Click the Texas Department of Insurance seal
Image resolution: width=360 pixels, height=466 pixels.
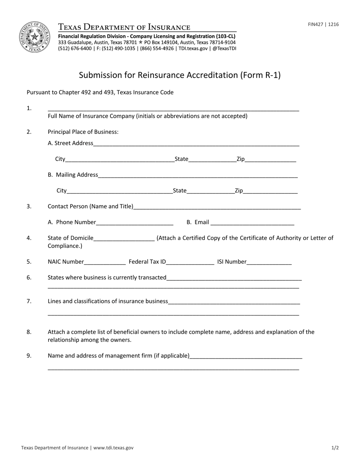click(34, 37)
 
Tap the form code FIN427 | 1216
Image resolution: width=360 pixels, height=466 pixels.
click(323, 25)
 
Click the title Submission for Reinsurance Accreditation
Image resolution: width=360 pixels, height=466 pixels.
click(180, 75)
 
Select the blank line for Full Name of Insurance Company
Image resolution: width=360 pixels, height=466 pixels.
click(174, 109)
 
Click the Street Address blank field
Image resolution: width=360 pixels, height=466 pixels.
click(196, 144)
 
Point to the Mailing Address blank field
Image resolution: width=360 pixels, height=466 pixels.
click(198, 176)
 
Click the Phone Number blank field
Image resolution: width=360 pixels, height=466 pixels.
click(135, 223)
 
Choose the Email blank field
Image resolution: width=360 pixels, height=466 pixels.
click(252, 223)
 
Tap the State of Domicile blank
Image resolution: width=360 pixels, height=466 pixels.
click(124, 239)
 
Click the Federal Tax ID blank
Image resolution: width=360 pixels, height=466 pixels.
click(190, 262)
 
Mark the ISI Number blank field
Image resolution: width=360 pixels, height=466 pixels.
click(269, 262)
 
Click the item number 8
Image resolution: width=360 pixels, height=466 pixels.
click(29, 332)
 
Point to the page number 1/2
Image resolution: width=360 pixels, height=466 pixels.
click(335, 448)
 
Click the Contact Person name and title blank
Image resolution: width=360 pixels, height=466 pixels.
click(217, 207)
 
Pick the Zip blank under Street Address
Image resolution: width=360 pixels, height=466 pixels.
click(270, 160)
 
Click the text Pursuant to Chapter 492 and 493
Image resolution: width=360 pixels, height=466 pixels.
click(100, 92)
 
